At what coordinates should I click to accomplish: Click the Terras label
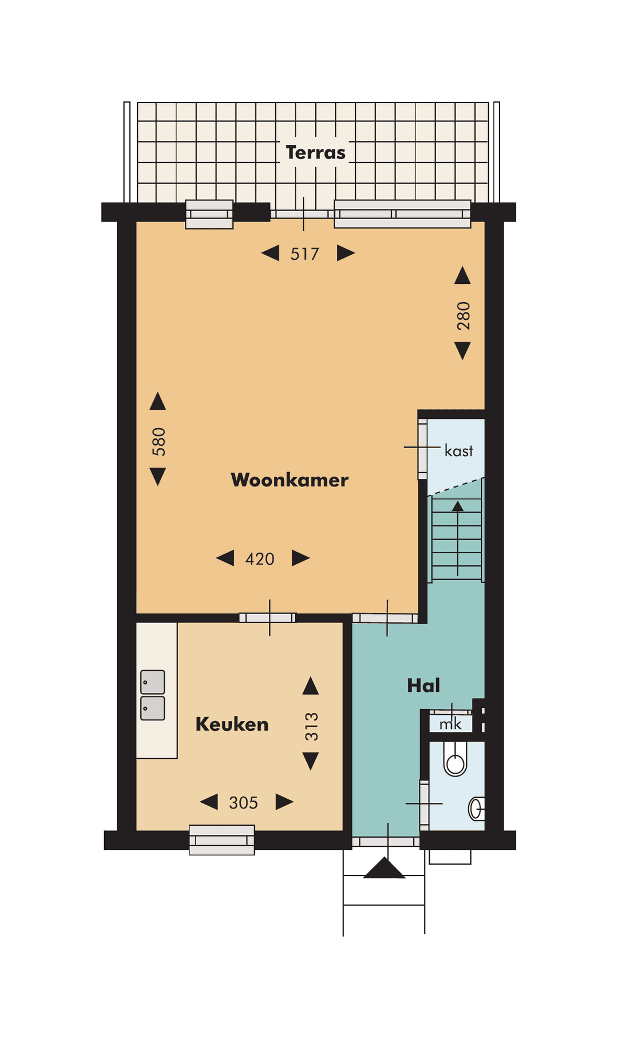315,153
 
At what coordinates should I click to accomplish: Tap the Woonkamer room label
289,480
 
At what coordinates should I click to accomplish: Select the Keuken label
232,724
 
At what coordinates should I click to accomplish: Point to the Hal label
423,686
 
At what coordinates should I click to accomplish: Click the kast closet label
459,451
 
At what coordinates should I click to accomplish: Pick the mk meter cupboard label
450,725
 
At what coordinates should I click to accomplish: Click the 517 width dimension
304,253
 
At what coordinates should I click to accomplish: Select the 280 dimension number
463,316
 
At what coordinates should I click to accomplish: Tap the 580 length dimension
159,441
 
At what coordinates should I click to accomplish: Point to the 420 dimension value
260,559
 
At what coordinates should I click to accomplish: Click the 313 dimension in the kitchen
311,727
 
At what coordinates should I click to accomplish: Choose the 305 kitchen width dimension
243,803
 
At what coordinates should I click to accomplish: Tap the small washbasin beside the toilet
476,809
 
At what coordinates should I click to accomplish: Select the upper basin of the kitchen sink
153,682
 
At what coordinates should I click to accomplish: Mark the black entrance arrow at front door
384,869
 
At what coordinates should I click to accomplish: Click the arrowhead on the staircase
458,506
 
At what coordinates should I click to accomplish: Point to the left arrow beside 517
270,253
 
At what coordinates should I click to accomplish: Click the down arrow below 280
462,350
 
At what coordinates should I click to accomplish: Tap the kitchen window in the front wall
222,840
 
